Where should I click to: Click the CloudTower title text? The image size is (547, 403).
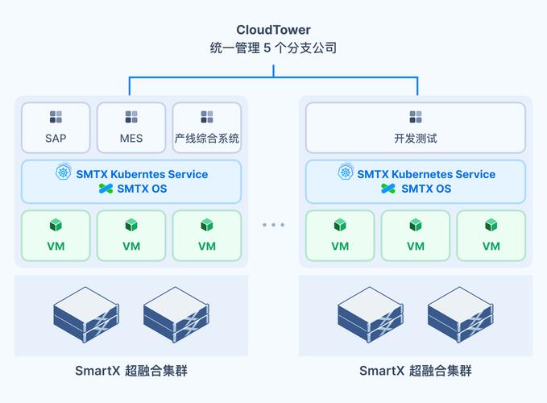(273, 30)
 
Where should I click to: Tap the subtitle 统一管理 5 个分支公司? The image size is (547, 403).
(273, 48)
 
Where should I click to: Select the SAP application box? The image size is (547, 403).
(56, 127)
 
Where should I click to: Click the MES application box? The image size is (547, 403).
(131, 127)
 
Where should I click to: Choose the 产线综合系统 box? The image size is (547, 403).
(207, 127)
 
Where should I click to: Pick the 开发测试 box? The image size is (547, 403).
(416, 127)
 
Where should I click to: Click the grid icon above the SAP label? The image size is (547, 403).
(56, 117)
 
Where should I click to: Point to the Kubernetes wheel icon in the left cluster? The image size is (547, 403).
(64, 173)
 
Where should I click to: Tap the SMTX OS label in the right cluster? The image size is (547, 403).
(426, 189)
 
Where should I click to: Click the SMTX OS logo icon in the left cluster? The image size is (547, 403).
(105, 189)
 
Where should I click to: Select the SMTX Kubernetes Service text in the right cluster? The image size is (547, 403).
(426, 174)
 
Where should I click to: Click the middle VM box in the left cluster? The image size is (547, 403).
(131, 235)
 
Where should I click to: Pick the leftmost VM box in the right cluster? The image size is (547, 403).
(340, 235)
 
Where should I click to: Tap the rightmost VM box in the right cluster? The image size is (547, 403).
(491, 235)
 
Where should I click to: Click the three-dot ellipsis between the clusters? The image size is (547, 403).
(273, 225)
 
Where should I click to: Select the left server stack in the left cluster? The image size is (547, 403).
(86, 315)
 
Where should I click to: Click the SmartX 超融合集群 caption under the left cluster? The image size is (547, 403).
(131, 371)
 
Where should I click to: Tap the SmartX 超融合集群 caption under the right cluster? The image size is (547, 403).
(416, 371)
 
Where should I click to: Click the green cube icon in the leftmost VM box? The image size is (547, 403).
(56, 225)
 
